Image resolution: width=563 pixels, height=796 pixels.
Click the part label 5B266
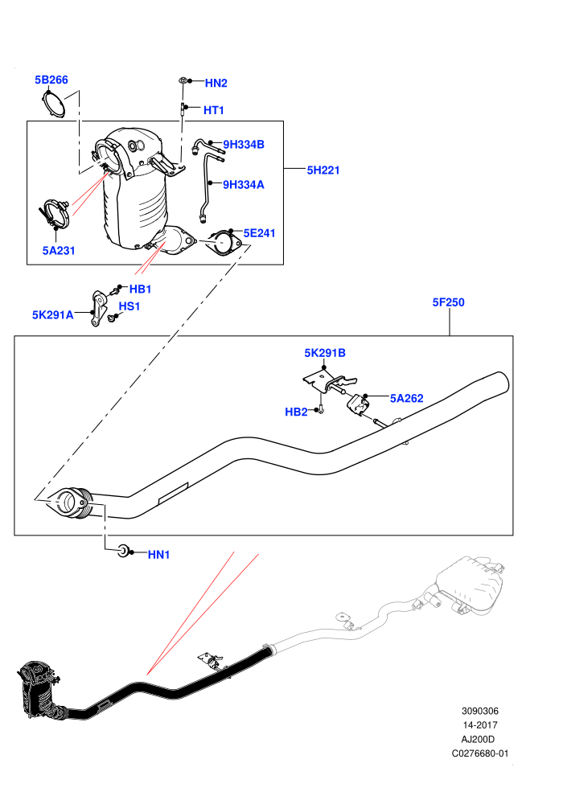click(51, 80)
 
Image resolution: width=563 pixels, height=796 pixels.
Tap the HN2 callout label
click(216, 84)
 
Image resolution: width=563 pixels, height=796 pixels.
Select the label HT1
click(214, 110)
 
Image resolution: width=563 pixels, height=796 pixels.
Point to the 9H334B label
click(244, 145)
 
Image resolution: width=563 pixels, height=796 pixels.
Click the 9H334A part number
click(244, 185)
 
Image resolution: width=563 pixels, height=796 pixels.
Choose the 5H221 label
click(323, 170)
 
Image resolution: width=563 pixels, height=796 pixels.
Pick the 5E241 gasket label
click(259, 233)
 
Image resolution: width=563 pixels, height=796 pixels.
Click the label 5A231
click(59, 250)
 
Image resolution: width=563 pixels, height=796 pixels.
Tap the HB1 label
click(140, 289)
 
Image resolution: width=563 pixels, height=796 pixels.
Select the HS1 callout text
click(129, 306)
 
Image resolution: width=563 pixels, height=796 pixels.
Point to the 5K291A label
click(53, 314)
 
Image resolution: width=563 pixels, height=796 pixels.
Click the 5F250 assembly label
click(448, 302)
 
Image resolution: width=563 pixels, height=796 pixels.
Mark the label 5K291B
click(325, 353)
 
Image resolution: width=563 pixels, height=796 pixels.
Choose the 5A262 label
click(407, 399)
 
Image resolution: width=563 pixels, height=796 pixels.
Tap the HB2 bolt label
click(296, 412)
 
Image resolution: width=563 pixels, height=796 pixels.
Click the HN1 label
click(158, 555)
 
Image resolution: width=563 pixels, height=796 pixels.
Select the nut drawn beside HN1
click(123, 550)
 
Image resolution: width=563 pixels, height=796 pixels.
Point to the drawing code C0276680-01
click(479, 753)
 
